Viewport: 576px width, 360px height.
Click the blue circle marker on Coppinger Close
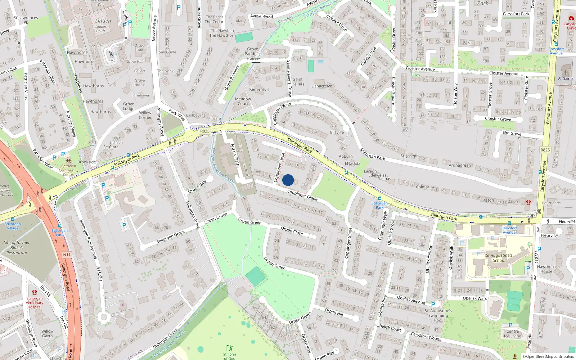tap(288, 180)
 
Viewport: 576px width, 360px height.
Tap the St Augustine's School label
tap(499, 258)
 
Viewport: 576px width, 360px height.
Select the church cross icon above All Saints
tap(566, 72)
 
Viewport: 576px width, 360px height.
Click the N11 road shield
tap(67, 255)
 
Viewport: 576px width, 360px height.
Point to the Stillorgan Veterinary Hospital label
tap(35, 302)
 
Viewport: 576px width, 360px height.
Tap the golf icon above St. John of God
tap(229, 348)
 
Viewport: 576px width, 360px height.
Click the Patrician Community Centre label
tap(68, 170)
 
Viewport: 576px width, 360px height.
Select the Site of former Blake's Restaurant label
tap(17, 248)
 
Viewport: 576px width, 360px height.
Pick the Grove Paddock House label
tap(252, 54)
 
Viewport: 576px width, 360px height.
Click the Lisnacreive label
tap(321, 86)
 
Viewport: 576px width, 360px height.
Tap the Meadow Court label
tap(243, 101)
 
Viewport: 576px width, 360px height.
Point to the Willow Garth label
tap(47, 333)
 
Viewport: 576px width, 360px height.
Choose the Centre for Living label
tap(513, 334)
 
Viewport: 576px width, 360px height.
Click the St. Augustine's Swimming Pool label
tap(438, 315)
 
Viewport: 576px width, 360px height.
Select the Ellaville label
tap(337, 132)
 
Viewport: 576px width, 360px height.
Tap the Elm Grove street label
tap(512, 133)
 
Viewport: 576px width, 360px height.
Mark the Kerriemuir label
tap(259, 89)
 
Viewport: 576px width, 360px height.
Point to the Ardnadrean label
tap(460, 165)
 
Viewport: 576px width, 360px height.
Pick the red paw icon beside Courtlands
tap(528, 203)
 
